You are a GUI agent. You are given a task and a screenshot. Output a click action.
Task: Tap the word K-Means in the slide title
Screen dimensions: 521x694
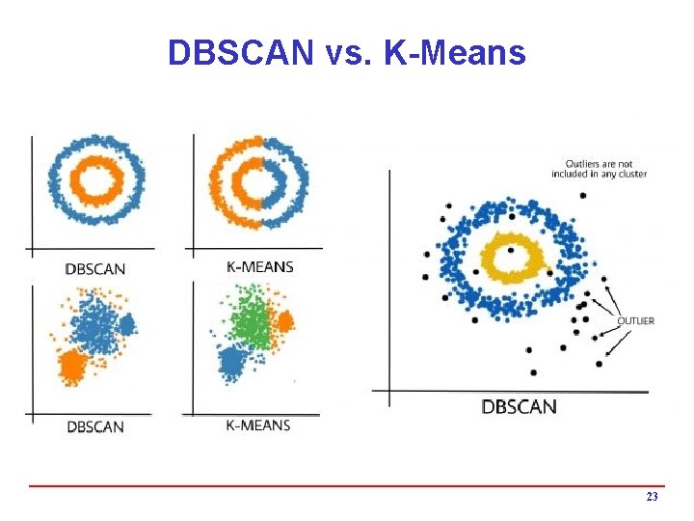point(454,52)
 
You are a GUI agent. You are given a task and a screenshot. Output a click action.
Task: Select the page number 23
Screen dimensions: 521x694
point(652,497)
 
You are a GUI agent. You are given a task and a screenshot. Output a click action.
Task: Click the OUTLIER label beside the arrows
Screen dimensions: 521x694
point(636,320)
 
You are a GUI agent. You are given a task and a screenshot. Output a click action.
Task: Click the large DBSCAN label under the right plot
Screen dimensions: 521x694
point(519,406)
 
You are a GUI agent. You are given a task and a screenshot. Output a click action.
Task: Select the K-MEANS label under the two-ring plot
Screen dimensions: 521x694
point(258,267)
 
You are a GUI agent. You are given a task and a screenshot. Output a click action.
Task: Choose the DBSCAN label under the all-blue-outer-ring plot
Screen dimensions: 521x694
point(94,268)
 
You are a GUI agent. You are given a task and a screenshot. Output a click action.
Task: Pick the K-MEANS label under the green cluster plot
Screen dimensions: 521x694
point(257,425)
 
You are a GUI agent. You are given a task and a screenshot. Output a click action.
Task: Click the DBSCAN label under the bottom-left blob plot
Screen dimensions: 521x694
point(94,425)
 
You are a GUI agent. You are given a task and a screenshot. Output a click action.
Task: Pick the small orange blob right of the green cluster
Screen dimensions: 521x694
point(283,321)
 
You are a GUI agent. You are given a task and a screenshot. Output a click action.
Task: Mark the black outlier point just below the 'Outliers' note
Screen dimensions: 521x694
point(583,196)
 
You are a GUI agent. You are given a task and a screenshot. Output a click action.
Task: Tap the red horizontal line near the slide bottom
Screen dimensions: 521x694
point(347,485)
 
